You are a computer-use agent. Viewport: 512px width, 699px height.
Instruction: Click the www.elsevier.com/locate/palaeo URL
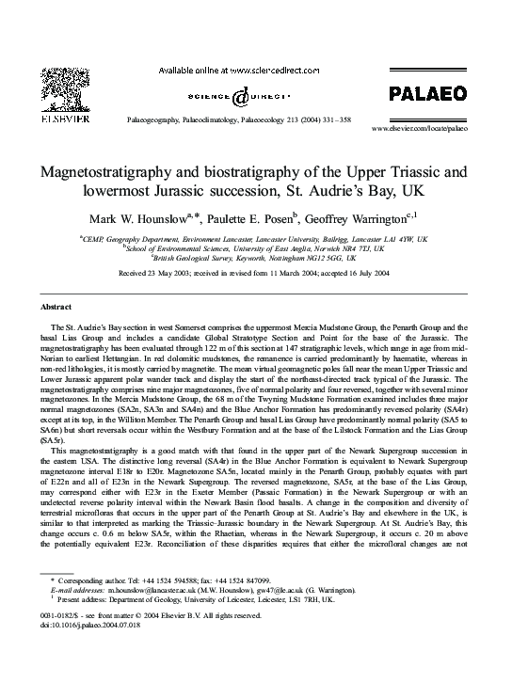(x=420, y=126)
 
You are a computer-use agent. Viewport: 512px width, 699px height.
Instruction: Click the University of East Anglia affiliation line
(x=254, y=248)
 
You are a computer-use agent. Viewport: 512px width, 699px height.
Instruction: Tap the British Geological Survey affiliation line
(x=254, y=257)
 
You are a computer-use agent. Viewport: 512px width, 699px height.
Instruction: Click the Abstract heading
(x=56, y=308)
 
